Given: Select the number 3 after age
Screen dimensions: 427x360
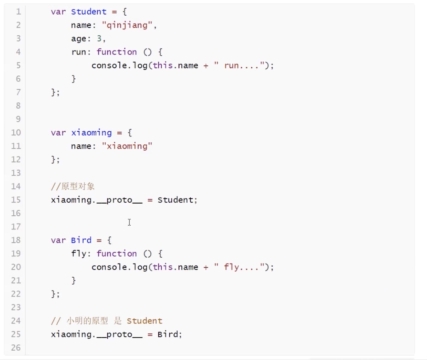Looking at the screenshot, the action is point(99,38).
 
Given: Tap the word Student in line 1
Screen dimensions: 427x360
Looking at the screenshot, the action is point(89,12).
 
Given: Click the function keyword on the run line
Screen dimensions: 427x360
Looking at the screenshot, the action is point(117,52).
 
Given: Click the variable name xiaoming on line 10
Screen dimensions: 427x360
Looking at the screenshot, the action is point(91,133).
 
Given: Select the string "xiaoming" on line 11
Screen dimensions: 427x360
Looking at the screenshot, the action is point(127,146).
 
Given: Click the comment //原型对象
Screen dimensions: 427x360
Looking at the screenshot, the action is point(73,186).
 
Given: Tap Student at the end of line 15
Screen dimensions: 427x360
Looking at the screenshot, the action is point(175,200).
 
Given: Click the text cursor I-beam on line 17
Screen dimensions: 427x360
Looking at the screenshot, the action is point(129,222).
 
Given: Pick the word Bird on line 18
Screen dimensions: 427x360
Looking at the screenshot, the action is point(81,240).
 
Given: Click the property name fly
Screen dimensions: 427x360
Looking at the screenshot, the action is point(78,254).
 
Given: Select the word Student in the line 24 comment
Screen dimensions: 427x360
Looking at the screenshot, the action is point(144,321).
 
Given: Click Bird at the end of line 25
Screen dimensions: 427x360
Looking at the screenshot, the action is point(168,335).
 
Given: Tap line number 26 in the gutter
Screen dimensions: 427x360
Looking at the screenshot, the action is point(16,347).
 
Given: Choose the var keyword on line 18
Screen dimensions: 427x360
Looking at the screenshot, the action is point(58,240).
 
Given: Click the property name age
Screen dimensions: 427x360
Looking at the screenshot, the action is point(78,38).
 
